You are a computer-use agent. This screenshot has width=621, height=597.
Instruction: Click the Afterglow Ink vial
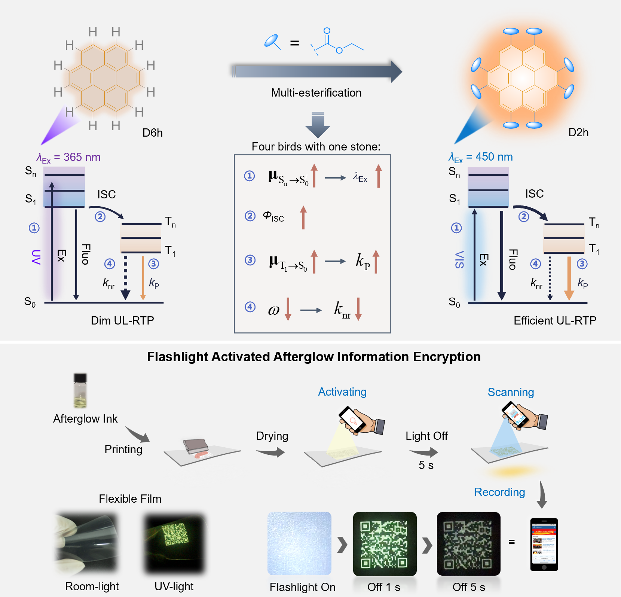pyautogui.click(x=80, y=391)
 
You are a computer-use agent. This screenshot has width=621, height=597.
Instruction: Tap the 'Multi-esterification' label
pyautogui.click(x=316, y=93)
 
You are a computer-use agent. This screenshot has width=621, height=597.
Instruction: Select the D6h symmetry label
pyautogui.click(x=152, y=133)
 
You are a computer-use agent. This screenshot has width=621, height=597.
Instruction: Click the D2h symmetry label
pyautogui.click(x=578, y=133)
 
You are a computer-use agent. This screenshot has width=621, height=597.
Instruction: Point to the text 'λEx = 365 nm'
pyautogui.click(x=69, y=158)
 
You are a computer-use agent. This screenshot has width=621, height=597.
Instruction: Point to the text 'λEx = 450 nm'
pyautogui.click(x=481, y=157)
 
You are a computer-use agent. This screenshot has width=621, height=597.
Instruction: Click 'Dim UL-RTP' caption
pyautogui.click(x=122, y=320)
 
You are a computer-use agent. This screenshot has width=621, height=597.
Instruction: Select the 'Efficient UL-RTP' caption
pyautogui.click(x=555, y=320)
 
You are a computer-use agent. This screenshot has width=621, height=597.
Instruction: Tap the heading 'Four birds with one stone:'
pyautogui.click(x=316, y=147)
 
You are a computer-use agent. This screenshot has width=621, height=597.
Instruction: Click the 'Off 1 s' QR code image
pyautogui.click(x=385, y=543)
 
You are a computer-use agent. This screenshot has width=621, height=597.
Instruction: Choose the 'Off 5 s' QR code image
pyautogui.click(x=468, y=543)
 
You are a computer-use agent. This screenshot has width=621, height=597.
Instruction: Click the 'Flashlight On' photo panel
pyautogui.click(x=299, y=543)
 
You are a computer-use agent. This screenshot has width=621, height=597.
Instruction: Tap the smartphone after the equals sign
pyautogui.click(x=544, y=544)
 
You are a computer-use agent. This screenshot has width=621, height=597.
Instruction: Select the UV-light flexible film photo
pyautogui.click(x=175, y=543)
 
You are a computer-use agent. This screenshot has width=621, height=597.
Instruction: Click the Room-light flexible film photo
pyautogui.click(x=87, y=543)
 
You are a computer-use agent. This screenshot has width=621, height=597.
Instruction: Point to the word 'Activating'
pyautogui.click(x=342, y=392)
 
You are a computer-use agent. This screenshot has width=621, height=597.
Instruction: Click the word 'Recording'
pyautogui.click(x=499, y=492)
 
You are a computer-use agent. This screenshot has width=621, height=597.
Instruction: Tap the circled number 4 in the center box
pyautogui.click(x=250, y=307)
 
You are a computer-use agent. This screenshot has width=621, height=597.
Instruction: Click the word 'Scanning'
pyautogui.click(x=511, y=392)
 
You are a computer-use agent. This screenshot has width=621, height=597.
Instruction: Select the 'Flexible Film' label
pyautogui.click(x=130, y=499)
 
